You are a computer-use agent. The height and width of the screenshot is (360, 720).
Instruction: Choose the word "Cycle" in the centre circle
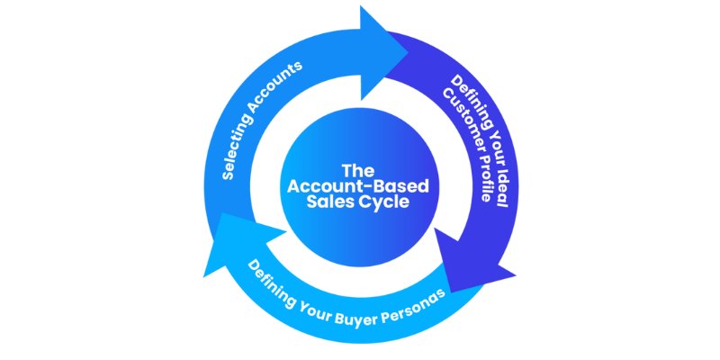tap(386, 202)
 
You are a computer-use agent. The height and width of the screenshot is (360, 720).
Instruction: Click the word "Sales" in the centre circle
tap(335, 202)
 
